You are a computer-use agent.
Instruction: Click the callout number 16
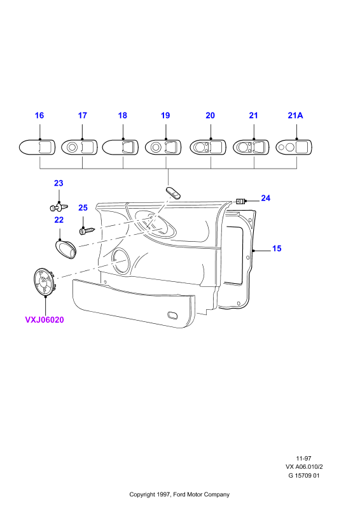click(39, 115)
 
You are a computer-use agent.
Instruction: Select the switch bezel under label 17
click(79, 148)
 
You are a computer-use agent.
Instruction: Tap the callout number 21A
click(295, 115)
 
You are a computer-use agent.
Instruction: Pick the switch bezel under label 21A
click(294, 148)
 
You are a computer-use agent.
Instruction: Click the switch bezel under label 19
click(163, 148)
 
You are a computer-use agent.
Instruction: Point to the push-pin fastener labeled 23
click(59, 206)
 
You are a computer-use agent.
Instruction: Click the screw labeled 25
click(87, 230)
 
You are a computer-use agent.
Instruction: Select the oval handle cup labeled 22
click(65, 249)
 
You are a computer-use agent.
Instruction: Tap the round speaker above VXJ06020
click(44, 282)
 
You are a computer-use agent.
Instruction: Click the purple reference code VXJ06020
click(45, 320)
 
